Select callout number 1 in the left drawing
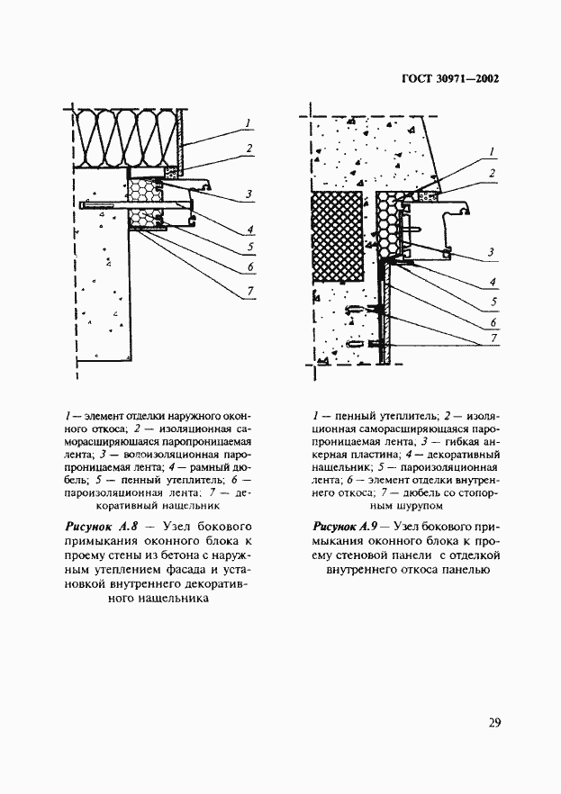click(247, 122)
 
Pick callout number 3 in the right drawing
click(492, 251)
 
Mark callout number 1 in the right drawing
click(492, 150)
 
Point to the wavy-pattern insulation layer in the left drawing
click(126, 139)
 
